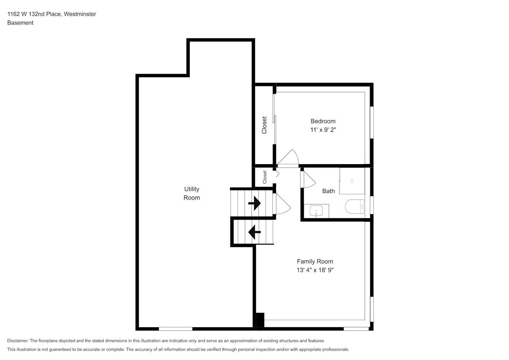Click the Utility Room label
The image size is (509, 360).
[192, 193]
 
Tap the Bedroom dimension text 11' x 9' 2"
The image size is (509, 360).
[323, 130]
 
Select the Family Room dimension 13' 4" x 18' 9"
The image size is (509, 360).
[315, 270]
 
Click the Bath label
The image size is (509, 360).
[328, 191]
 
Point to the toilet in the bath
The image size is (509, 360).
[355, 206]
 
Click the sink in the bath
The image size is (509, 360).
[316, 211]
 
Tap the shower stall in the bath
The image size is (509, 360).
[352, 181]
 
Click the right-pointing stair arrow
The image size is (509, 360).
[254, 203]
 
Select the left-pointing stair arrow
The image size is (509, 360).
[254, 232]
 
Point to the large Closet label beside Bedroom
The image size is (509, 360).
[264, 125]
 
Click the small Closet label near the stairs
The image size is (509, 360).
[265, 177]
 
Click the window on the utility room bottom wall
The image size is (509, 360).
[175, 329]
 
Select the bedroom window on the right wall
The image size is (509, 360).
[372, 122]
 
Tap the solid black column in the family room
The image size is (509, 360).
[260, 320]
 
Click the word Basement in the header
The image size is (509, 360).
[20, 23]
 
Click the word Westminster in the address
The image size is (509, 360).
[80, 14]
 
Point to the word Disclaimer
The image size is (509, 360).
[18, 341]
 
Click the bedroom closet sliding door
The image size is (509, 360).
[274, 119]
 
